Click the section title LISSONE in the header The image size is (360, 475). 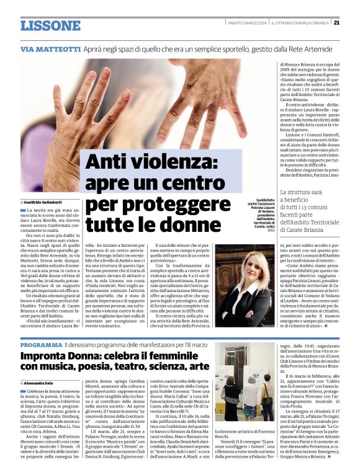point(50,25)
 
